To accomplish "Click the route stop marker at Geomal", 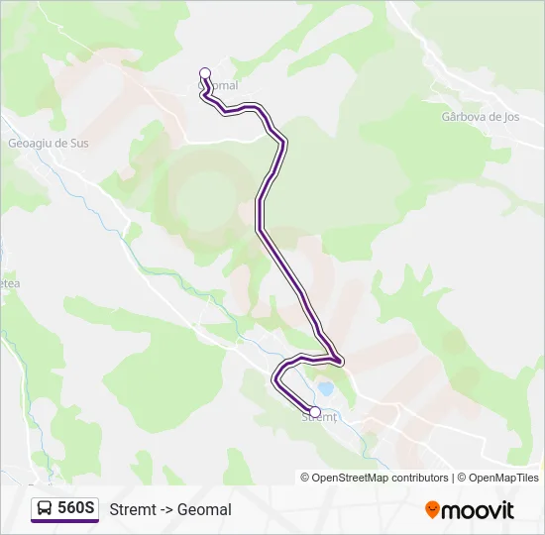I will pos(205,72).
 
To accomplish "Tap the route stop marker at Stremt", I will pos(315,411).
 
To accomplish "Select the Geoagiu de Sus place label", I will pos(49,143).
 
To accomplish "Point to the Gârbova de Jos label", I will pos(480,116).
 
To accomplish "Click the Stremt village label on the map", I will pos(319,418).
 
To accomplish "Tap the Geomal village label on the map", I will pos(222,86).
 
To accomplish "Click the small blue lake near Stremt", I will pos(325,389).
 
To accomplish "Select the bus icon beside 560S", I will pos(45,508).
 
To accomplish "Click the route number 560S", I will pos(76,508).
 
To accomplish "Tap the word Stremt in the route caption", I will pos(132,509).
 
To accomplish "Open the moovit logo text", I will pos(478,509).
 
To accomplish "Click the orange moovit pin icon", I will pos(432,509).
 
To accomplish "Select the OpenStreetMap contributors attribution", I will pos(375,478).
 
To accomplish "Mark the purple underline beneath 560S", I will pos(64,521).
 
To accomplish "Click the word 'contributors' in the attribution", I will pos(419,478).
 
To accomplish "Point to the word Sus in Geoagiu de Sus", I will pos(78,143).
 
